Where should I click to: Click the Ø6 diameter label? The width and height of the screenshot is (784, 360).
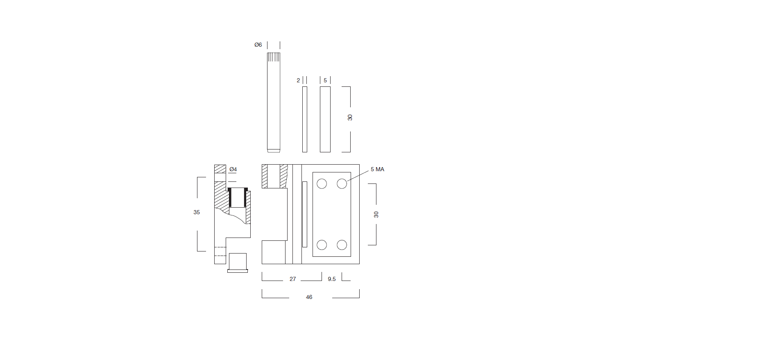click(x=258, y=45)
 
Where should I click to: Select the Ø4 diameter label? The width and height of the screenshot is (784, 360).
click(x=233, y=169)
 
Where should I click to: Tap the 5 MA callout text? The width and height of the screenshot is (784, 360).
click(x=377, y=169)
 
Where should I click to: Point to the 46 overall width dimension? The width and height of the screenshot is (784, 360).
click(x=309, y=297)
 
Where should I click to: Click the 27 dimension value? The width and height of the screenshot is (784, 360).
click(x=292, y=279)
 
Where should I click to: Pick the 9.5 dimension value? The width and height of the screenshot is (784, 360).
click(x=332, y=279)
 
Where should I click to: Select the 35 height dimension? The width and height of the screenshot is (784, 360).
click(x=197, y=212)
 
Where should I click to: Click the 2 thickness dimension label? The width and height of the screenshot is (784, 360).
click(x=298, y=80)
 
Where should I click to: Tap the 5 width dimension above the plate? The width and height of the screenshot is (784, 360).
click(x=325, y=80)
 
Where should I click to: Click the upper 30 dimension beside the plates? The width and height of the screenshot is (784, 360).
click(x=350, y=118)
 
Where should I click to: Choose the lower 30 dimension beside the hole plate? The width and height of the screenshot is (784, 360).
click(x=376, y=215)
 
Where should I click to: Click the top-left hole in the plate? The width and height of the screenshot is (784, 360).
click(x=322, y=184)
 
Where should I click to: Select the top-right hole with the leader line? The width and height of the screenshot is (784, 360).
click(x=342, y=184)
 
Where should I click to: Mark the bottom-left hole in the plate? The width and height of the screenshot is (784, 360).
click(x=322, y=245)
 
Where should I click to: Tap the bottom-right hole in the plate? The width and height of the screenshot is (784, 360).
click(x=342, y=245)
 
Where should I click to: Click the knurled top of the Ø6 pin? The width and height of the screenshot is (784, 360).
click(x=274, y=57)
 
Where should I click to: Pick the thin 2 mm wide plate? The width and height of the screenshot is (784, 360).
click(x=305, y=119)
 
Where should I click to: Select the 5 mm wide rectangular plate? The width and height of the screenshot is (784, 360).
click(x=325, y=119)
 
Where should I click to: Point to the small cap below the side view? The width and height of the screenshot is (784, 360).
click(x=238, y=263)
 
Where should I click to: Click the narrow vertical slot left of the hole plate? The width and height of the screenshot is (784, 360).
click(x=305, y=214)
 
